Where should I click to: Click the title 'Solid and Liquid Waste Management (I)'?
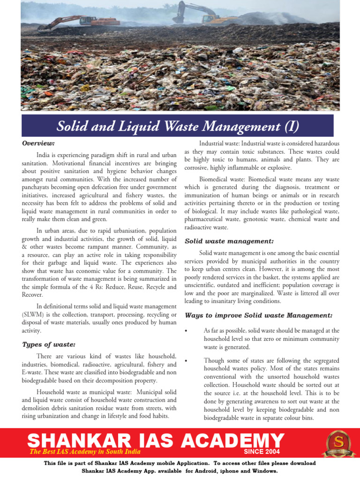coord(178,126)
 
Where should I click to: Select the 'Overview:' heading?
coord(38,142)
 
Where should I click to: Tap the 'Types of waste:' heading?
coord(49,344)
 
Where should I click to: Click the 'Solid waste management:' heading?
coord(229,241)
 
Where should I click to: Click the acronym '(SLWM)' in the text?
coord(33,314)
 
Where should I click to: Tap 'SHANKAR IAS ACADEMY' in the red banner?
coord(156,441)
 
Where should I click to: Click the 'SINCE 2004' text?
coord(262,451)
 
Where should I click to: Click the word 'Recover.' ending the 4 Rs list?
coord(32,294)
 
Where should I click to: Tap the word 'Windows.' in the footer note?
coord(263,470)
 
